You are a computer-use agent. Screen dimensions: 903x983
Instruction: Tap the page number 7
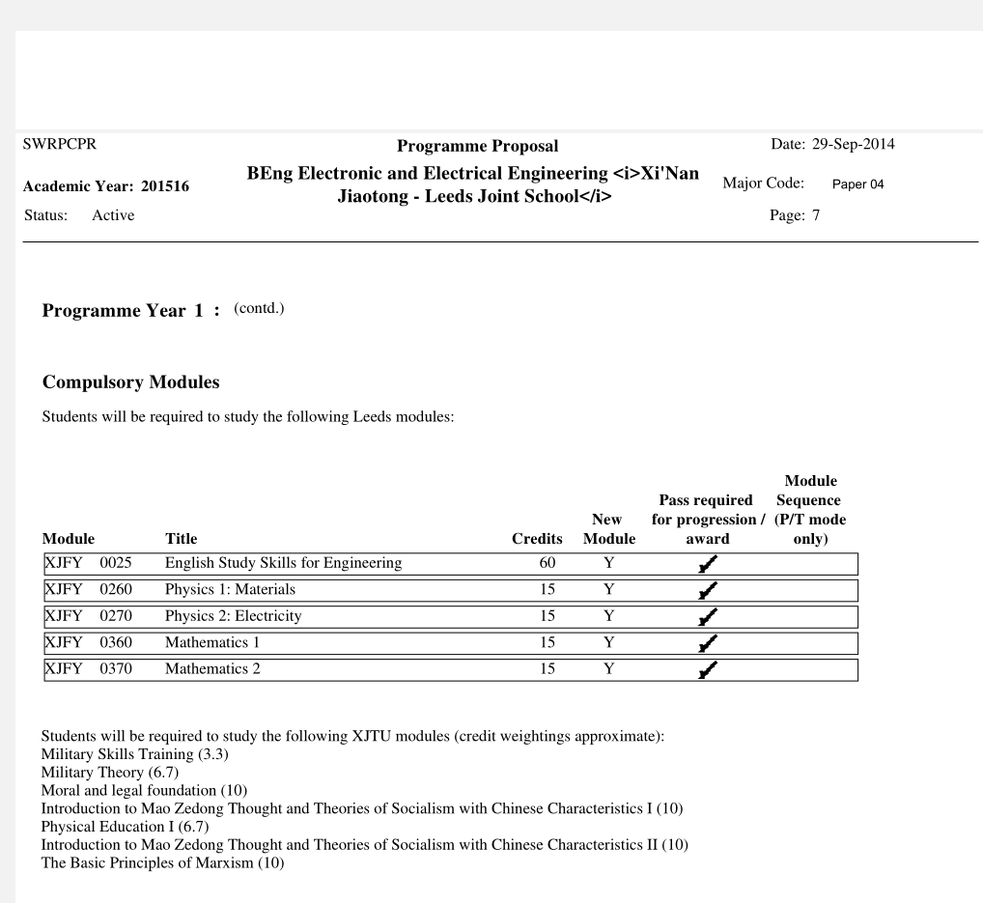pyautogui.click(x=815, y=215)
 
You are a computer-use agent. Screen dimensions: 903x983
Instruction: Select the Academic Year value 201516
pyautogui.click(x=164, y=187)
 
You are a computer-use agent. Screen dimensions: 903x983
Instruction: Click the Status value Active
pyautogui.click(x=113, y=215)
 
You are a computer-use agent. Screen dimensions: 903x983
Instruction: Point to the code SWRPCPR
pyautogui.click(x=59, y=145)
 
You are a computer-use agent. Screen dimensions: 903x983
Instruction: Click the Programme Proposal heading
pyautogui.click(x=477, y=147)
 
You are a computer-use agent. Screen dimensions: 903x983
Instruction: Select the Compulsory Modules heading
pyautogui.click(x=131, y=382)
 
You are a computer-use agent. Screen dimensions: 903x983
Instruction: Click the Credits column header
pyautogui.click(x=537, y=539)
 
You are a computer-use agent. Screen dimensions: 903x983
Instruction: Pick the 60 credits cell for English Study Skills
pyautogui.click(x=547, y=563)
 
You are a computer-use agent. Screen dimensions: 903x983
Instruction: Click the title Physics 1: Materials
pyautogui.click(x=230, y=589)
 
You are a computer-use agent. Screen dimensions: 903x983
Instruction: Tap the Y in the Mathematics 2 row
pyautogui.click(x=608, y=669)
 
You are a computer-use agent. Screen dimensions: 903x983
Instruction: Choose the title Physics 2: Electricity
pyautogui.click(x=233, y=616)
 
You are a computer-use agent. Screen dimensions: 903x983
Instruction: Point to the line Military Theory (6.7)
pyautogui.click(x=110, y=772)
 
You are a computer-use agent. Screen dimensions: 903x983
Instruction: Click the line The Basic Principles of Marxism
pyautogui.click(x=162, y=862)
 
